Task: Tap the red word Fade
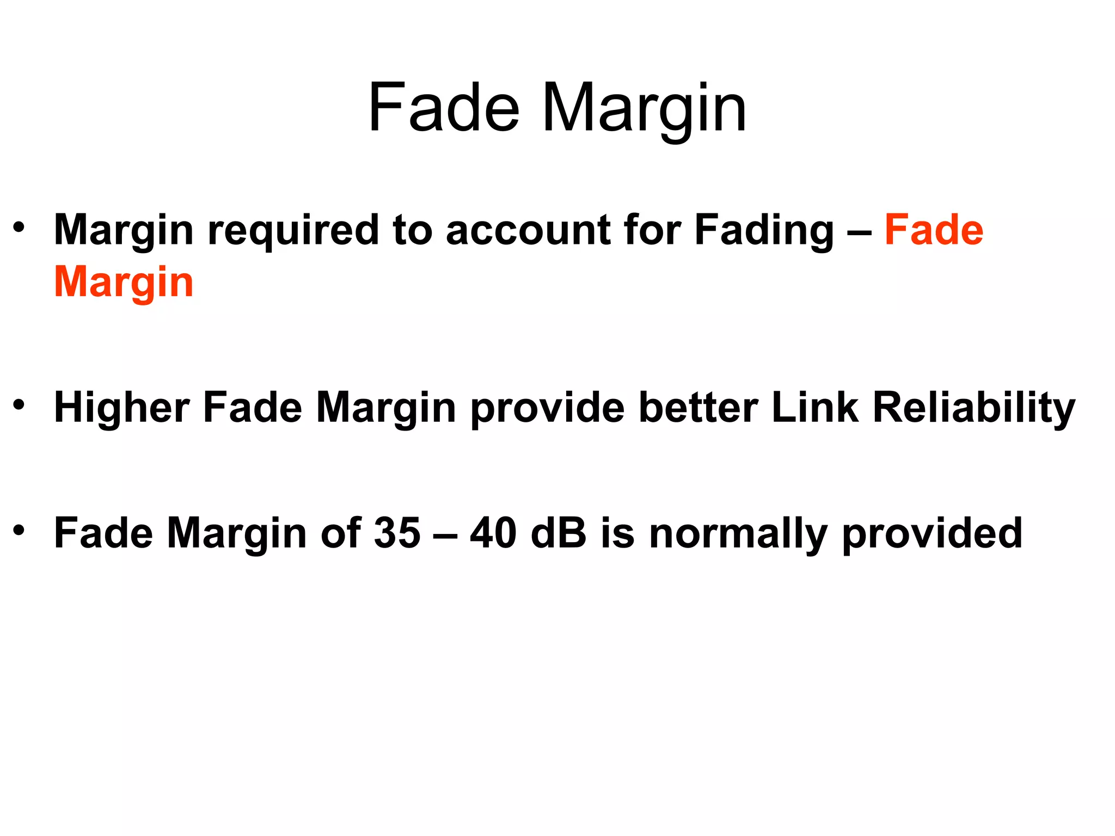point(934,230)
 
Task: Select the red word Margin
point(124,283)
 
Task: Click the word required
point(293,231)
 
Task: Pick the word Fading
point(764,231)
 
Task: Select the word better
point(699,408)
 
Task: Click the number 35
point(397,533)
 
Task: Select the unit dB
point(558,533)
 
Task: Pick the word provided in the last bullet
point(932,534)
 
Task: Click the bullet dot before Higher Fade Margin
point(20,404)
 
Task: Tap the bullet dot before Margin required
point(20,226)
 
